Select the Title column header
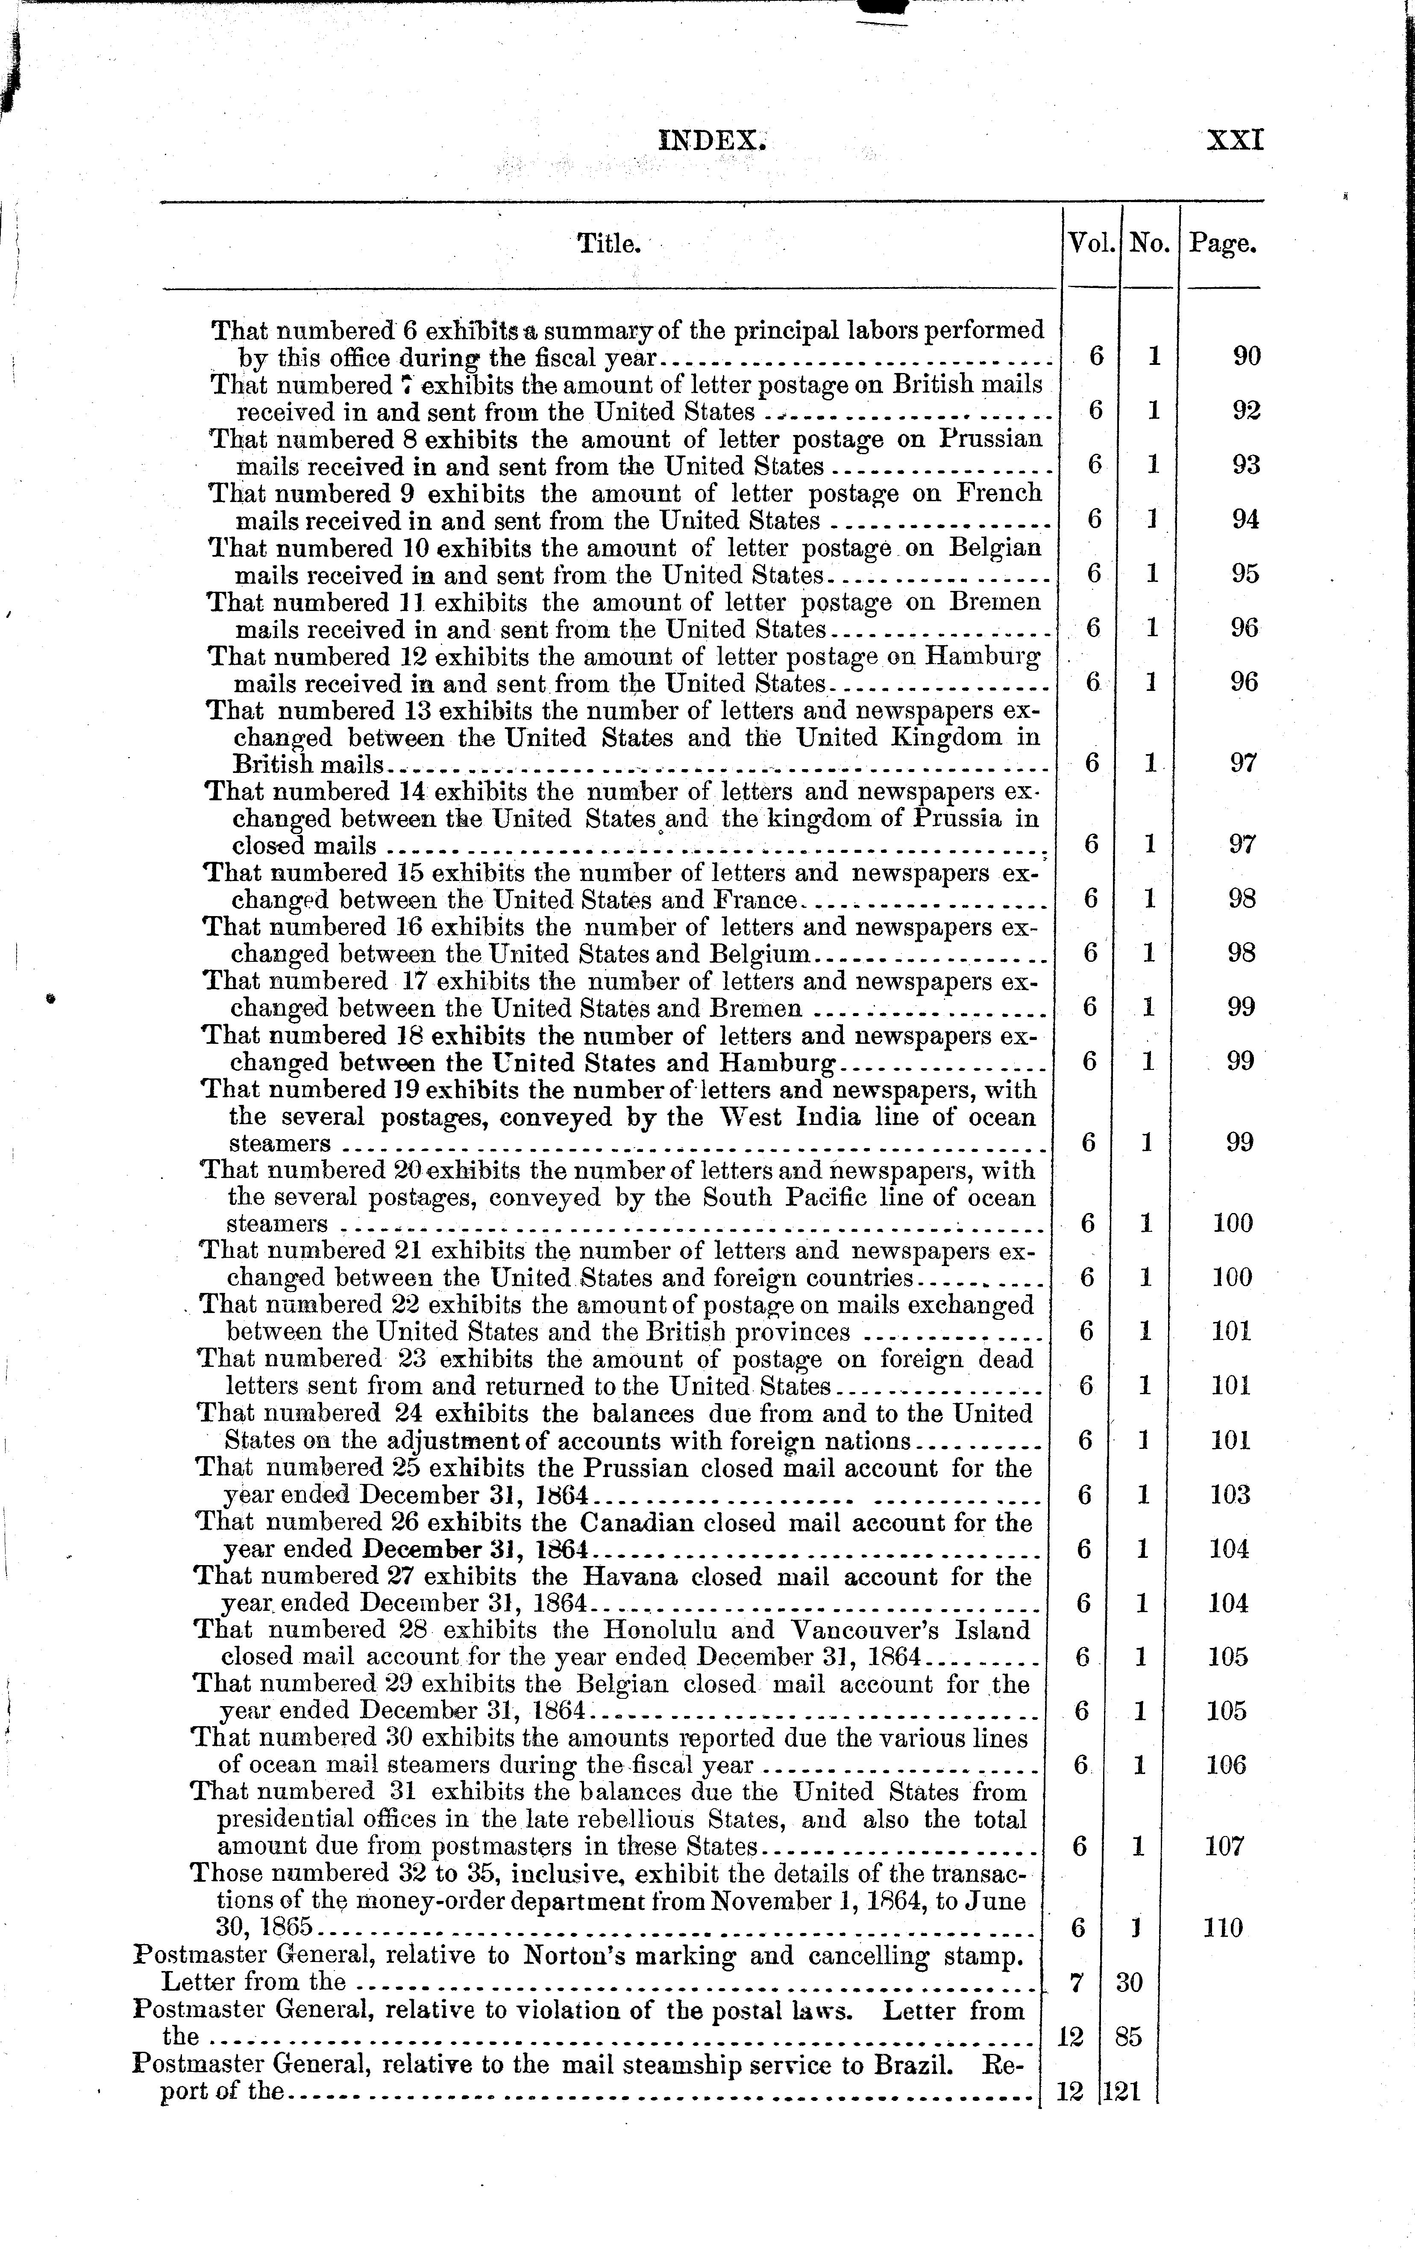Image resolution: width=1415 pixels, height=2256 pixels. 608,244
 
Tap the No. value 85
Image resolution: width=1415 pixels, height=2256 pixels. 1129,2036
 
